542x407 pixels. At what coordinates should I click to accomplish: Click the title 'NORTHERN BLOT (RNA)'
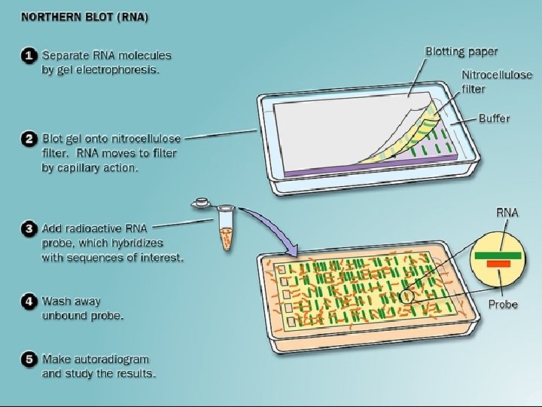[x=84, y=17]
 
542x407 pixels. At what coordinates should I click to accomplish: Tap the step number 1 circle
[x=29, y=56]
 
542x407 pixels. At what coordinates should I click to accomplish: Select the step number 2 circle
[x=29, y=140]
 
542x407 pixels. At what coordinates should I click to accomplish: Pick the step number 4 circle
[x=29, y=301]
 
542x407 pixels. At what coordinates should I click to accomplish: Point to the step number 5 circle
[x=29, y=359]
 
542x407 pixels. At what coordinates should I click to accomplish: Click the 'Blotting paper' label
[x=461, y=51]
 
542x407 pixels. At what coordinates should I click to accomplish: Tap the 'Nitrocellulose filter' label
[x=497, y=82]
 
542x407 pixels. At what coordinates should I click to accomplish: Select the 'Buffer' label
[x=494, y=118]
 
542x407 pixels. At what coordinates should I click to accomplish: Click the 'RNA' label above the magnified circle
[x=507, y=213]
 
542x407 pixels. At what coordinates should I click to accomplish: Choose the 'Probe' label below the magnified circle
[x=503, y=304]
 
